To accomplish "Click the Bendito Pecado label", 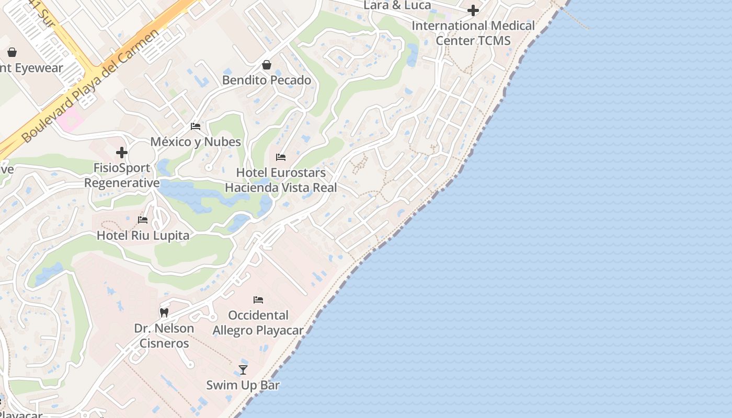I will pos(267,80).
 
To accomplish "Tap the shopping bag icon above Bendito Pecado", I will pos(267,65).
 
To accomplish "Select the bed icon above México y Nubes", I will pos(196,126).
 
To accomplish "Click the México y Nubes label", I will pos(196,142).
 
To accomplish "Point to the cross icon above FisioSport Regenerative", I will pos(122,153).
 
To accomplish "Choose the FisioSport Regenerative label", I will pos(122,176).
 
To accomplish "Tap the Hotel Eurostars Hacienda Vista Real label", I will pos(281,180).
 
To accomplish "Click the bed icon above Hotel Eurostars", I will pos(281,157).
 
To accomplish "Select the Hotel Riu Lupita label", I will pos(143,236).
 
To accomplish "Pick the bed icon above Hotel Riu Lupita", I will pos(143,220).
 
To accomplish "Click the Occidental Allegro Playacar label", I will pos(258,323).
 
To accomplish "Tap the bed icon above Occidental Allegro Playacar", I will pos(258,300).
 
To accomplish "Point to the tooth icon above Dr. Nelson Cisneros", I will pos(164,312).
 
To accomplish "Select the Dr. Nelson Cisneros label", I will pos(164,335).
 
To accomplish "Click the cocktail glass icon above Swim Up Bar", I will pos(243,370).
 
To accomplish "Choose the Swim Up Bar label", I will pos(243,386).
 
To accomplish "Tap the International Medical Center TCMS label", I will pos(473,33).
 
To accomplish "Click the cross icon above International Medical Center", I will pos(473,10).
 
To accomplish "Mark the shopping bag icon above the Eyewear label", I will pos(12,52).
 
